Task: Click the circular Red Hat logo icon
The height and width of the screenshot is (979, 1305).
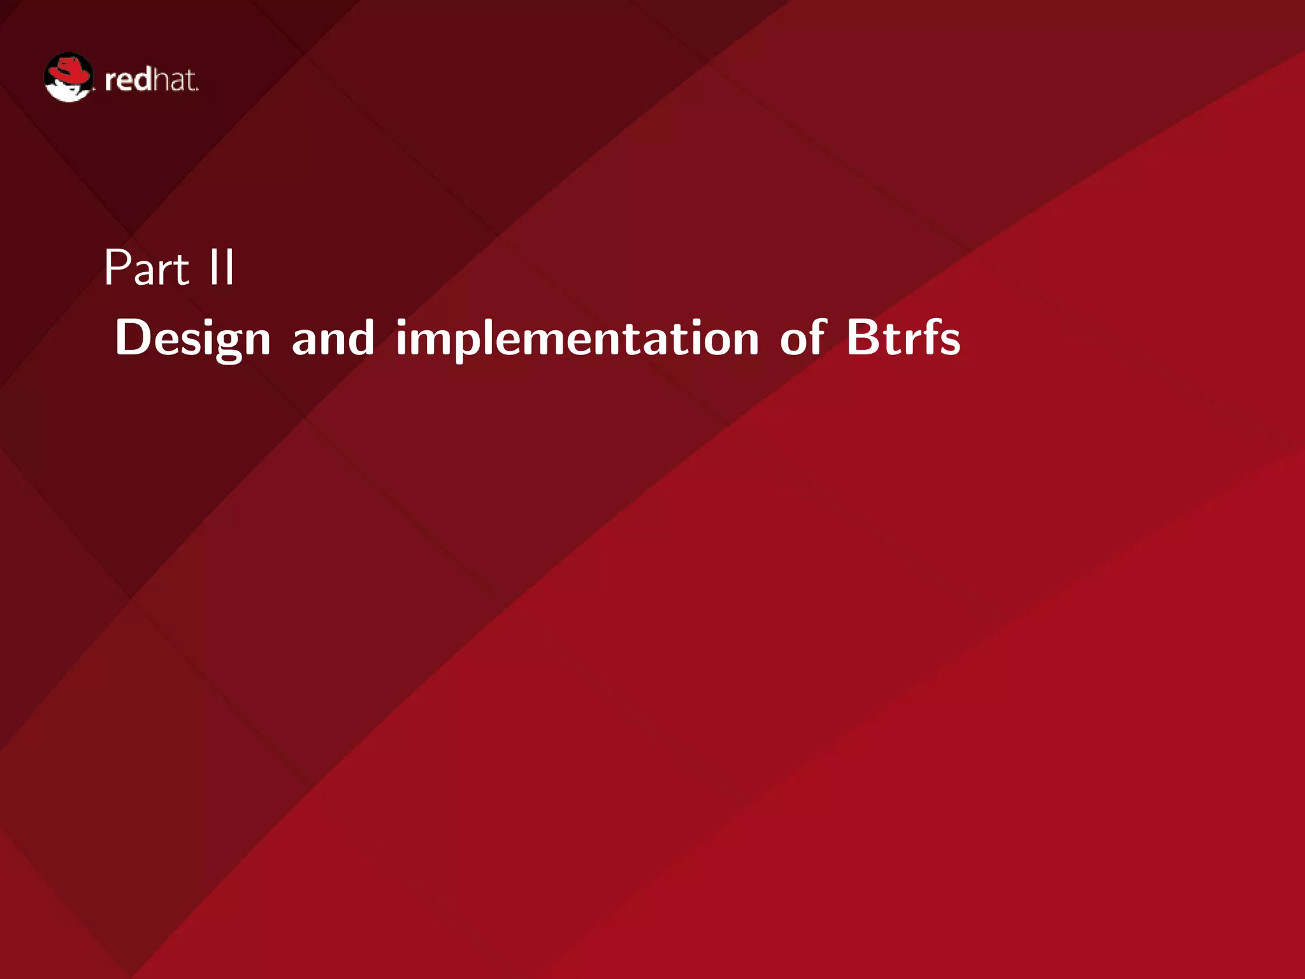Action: click(x=69, y=77)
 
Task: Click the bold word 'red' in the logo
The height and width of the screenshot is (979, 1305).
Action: click(x=128, y=80)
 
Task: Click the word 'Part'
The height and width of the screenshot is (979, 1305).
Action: click(x=147, y=268)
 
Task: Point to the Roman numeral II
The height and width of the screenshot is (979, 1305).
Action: click(x=221, y=268)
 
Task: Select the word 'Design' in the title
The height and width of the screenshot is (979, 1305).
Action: click(x=193, y=338)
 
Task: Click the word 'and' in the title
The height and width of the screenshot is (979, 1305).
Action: click(x=333, y=337)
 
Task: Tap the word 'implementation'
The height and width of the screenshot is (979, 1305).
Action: click(x=577, y=338)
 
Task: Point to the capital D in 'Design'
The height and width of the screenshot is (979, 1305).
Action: click(x=133, y=337)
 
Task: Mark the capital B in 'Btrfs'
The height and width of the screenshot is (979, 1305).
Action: click(x=863, y=337)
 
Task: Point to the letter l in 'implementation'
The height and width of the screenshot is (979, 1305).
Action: click(x=488, y=336)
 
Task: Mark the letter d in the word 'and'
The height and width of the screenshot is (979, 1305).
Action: click(x=361, y=337)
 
